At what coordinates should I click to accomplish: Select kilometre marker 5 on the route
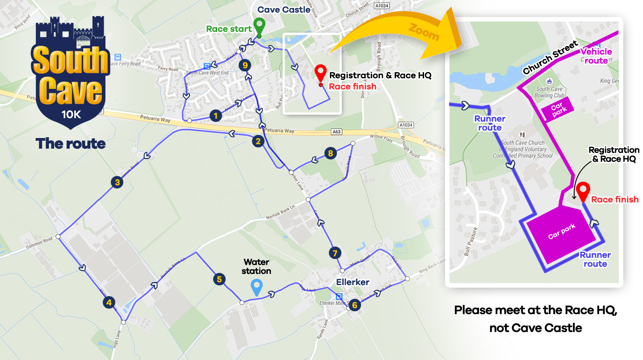tap(219, 279)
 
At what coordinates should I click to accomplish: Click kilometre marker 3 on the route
tap(117, 182)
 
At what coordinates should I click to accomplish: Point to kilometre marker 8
tap(330, 153)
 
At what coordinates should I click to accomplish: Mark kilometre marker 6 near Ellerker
tap(354, 305)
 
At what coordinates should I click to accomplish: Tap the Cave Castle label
tap(284, 9)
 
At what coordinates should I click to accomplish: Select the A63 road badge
tap(336, 132)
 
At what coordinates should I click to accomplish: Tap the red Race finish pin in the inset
tap(583, 192)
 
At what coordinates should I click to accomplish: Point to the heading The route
tap(71, 143)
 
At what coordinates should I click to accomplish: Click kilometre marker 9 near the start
tap(244, 65)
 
